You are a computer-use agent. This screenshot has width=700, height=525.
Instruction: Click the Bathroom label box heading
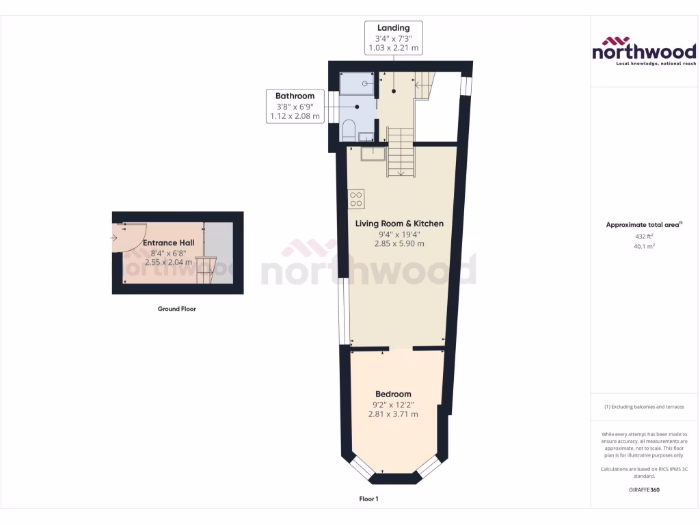[295, 96]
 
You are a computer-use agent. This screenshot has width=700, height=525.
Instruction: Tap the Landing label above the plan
[393, 28]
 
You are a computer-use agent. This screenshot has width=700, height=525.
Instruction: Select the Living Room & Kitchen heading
[399, 224]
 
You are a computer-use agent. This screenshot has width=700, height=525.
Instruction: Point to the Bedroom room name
[393, 394]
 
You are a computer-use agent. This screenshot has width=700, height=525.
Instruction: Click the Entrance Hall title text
[169, 243]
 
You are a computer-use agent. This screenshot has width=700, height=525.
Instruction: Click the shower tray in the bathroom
[357, 83]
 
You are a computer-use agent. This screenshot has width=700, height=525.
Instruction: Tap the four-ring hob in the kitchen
[356, 199]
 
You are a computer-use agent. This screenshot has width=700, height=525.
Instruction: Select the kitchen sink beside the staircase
[373, 153]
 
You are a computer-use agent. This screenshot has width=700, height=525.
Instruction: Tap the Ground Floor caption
[177, 309]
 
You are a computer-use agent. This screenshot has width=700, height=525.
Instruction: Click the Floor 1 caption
[368, 499]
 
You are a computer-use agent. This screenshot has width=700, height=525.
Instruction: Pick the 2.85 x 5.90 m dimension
[399, 243]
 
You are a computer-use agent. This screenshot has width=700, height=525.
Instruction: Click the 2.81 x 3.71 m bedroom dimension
[393, 414]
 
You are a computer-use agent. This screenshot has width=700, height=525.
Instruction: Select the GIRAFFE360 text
[644, 490]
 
